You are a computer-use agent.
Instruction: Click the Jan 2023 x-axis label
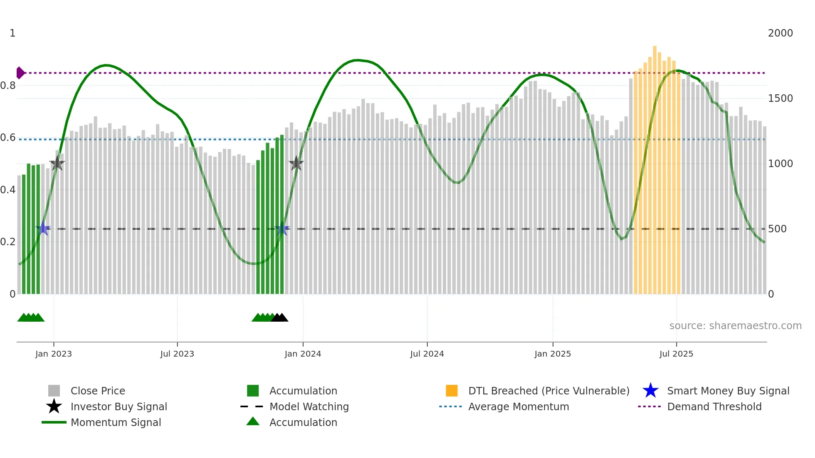[54, 354]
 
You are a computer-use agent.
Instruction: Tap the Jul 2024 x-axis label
[427, 354]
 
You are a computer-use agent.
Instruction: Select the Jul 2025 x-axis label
[676, 354]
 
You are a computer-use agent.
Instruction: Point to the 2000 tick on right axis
[780, 33]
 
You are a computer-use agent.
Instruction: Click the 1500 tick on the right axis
[780, 98]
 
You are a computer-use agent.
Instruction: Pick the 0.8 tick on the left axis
[8, 86]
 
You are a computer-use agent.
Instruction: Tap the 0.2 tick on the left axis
[8, 242]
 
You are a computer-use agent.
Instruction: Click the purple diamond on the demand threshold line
[20, 73]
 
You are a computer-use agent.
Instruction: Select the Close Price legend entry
[98, 391]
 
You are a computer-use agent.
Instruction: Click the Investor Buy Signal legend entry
[119, 406]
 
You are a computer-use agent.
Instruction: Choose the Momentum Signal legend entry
[116, 422]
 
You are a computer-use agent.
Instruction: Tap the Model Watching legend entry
[309, 406]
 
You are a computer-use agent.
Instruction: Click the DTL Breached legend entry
[548, 391]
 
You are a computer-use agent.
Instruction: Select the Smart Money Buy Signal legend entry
[728, 391]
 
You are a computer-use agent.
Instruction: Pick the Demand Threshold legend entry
[714, 406]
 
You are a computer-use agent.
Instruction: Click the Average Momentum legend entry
[519, 406]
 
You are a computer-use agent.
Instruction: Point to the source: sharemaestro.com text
[735, 326]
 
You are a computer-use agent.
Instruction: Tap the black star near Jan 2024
[296, 163]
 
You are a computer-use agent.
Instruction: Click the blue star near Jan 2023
[43, 229]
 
